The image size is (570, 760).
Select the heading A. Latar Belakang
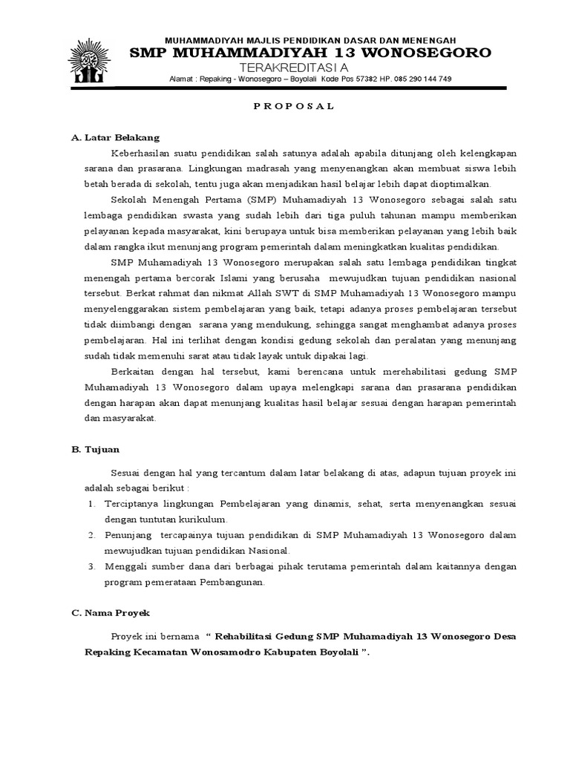tap(115, 137)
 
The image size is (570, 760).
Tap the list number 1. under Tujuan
tap(91, 503)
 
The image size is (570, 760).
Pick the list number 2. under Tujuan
tap(91, 535)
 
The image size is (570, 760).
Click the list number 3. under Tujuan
tap(91, 566)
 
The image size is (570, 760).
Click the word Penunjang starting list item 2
tap(128, 535)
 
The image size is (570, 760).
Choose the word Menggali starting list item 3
tap(127, 566)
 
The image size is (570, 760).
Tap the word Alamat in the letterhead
tap(183, 79)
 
